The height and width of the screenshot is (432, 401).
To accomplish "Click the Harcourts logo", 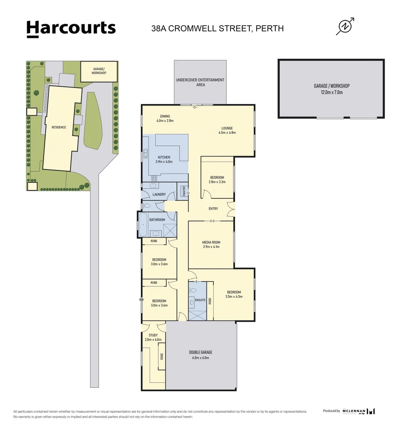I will (71, 28).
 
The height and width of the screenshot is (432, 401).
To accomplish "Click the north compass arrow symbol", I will (345, 26).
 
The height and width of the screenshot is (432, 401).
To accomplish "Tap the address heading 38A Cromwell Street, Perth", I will (217, 28).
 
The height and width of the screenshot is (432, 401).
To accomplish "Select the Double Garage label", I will (200, 352).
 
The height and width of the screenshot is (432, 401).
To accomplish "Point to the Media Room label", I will (211, 242).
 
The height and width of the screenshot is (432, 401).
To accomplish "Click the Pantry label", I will (184, 191).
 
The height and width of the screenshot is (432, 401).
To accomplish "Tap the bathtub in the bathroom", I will (143, 226).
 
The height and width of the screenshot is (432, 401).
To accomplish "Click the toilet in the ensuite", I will (193, 290).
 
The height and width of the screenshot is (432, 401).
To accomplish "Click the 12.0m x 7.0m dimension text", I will (331, 92).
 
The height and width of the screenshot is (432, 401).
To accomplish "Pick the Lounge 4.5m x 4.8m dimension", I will (227, 132).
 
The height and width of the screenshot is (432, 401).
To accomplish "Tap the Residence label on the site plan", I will (58, 128).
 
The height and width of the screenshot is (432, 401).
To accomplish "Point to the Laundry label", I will (159, 195).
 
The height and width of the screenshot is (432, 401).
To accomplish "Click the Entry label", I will (213, 209).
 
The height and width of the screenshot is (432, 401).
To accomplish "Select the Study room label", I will (153, 335).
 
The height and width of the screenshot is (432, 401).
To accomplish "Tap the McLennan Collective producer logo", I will (359, 411).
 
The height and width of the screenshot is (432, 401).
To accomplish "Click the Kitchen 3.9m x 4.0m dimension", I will (164, 162).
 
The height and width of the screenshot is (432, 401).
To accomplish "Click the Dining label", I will (165, 116).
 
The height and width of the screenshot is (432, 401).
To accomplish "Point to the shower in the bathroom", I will (170, 230).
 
